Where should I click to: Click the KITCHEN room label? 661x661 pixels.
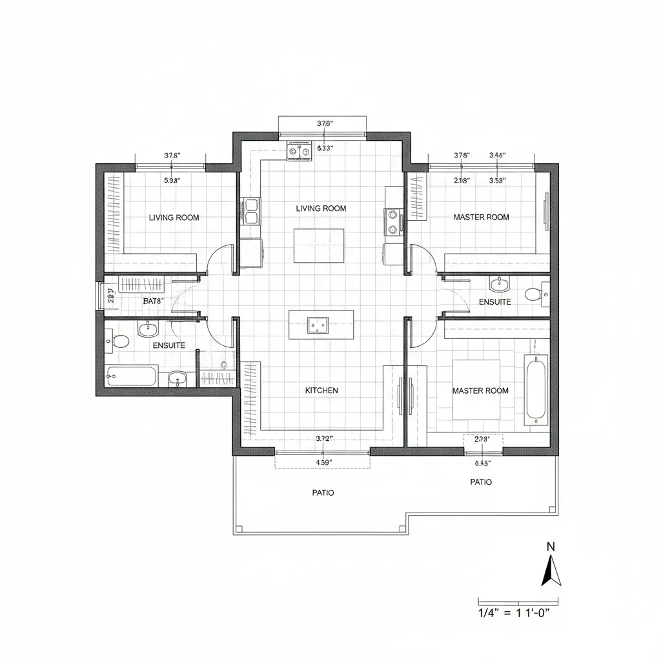(321, 391)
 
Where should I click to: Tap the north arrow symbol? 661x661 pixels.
(551, 571)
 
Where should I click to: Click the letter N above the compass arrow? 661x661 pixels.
(551, 546)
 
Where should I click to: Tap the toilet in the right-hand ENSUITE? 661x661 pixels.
(533, 294)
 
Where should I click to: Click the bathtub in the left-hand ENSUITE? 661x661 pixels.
(132, 376)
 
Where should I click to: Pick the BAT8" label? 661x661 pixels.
(154, 301)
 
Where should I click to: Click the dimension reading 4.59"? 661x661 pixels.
(323, 462)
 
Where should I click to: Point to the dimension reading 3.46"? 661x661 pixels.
(498, 156)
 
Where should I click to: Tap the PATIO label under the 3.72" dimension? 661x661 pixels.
(323, 493)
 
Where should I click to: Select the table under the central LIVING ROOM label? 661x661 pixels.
(319, 245)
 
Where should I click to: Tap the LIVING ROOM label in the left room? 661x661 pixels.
(174, 218)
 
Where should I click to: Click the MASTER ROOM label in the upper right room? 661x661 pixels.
(481, 217)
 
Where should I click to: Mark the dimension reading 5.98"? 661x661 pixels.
(172, 181)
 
